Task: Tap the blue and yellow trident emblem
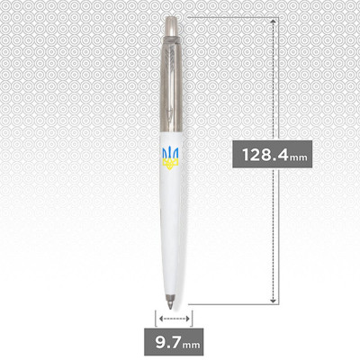click(x=171, y=156)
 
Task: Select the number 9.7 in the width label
click(x=166, y=342)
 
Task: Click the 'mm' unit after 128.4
click(x=299, y=157)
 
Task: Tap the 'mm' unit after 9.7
click(x=191, y=344)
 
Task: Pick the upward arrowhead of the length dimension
click(x=271, y=20)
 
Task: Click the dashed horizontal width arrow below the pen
click(x=172, y=317)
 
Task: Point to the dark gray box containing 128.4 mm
click(x=271, y=154)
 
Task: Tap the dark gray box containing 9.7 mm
click(x=174, y=342)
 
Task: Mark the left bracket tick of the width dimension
click(x=156, y=317)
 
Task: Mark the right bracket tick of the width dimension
click(x=189, y=317)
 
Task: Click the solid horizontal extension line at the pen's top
click(x=229, y=15)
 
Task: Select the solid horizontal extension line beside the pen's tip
click(x=229, y=304)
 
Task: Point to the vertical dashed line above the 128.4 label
click(x=271, y=81)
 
